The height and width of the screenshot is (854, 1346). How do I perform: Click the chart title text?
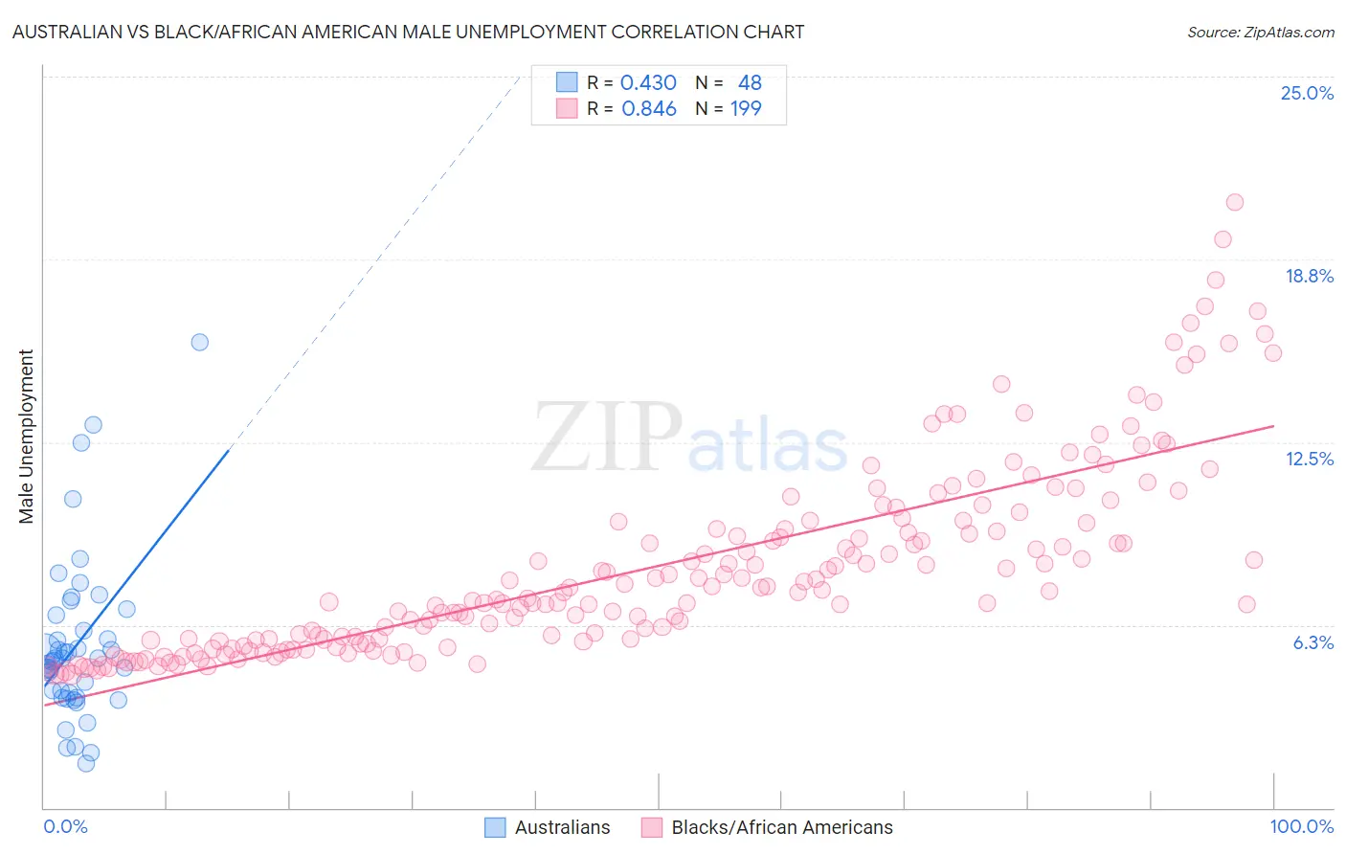click(x=408, y=32)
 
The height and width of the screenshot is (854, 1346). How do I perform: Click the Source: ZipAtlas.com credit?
click(x=1260, y=33)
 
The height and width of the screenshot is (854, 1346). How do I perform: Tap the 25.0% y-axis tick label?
click(x=1307, y=93)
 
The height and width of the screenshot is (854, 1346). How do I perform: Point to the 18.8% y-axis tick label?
click(x=1309, y=276)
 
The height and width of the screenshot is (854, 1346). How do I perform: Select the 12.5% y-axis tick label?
click(x=1309, y=459)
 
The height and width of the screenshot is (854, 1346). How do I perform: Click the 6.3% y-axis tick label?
click(x=1312, y=642)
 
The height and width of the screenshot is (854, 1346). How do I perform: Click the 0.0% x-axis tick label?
click(x=65, y=826)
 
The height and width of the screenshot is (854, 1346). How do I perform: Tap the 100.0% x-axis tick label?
click(x=1301, y=826)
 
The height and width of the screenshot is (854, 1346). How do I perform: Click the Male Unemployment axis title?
click(x=26, y=437)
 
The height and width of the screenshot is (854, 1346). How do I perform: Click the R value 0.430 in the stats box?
click(x=648, y=83)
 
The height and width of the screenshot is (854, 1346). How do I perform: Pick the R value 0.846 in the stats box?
click(x=648, y=109)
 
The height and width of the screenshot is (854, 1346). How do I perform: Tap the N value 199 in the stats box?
click(x=746, y=109)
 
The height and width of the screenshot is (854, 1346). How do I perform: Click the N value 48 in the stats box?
click(x=750, y=83)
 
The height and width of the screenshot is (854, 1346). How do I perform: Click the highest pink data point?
click(x=1234, y=202)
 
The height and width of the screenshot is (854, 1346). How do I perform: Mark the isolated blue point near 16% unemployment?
click(x=199, y=342)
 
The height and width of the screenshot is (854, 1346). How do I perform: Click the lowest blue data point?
click(x=86, y=763)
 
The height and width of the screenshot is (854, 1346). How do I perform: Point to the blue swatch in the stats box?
click(x=567, y=83)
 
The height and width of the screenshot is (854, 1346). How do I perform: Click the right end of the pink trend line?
click(x=1273, y=426)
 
